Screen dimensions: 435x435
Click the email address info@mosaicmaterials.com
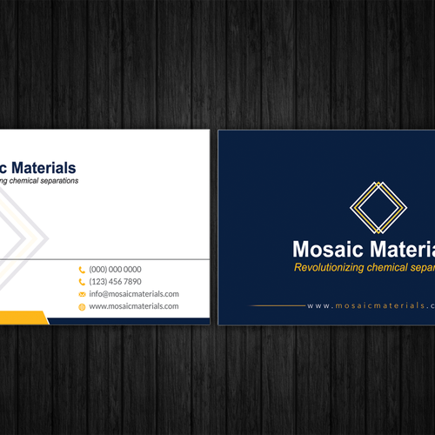pyautogui.click(x=133, y=294)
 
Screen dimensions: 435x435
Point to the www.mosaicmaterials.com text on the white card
pyautogui.click(x=133, y=306)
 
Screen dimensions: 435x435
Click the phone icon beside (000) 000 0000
pyautogui.click(x=82, y=270)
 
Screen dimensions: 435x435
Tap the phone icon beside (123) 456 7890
pyautogui.click(x=82, y=282)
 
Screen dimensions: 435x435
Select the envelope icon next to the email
pyautogui.click(x=82, y=294)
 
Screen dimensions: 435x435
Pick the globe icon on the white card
pyautogui.click(x=82, y=306)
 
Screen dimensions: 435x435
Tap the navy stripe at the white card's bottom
pyautogui.click(x=130, y=320)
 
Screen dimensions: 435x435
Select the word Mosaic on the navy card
pyautogui.click(x=323, y=249)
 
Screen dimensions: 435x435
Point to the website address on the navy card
pyautogui.click(x=371, y=306)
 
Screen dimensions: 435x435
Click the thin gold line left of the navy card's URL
pyautogui.click(x=278, y=306)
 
